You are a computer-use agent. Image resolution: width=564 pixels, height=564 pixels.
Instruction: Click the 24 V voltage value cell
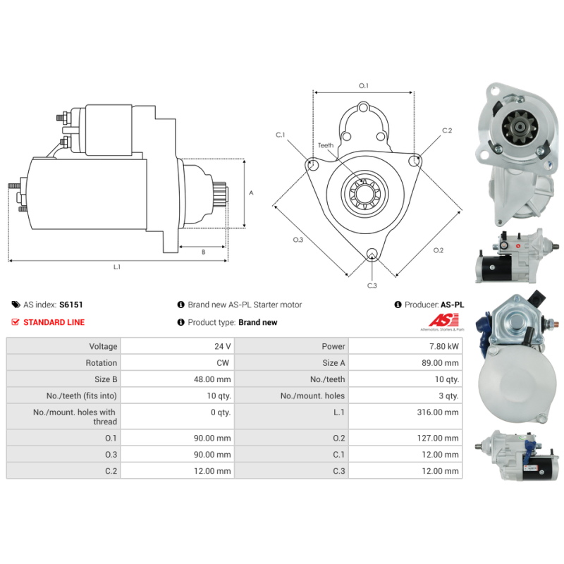[223, 346]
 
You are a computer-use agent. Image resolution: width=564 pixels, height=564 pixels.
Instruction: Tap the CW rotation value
[224, 363]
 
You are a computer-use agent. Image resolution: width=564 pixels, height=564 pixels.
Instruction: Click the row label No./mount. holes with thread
[74, 417]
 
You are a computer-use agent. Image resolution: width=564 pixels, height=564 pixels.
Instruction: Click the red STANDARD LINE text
[54, 322]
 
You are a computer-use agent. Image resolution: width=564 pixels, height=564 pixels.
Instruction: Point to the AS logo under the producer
[443, 321]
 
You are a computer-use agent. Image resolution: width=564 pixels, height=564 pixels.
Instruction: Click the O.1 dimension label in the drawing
[364, 85]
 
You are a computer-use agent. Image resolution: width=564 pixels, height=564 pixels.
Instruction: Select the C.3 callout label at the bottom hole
[372, 285]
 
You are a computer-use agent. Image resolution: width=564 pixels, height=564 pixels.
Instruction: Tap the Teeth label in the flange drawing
[325, 145]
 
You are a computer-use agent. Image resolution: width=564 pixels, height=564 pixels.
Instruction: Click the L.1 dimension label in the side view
[117, 267]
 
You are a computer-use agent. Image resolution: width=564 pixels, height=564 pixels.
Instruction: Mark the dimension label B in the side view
[203, 252]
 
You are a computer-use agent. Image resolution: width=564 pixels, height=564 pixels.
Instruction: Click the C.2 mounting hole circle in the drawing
[415, 161]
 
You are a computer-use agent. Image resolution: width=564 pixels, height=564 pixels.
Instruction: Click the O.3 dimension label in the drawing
[298, 240]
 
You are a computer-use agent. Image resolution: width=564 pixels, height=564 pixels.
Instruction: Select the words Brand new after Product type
[257, 322]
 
